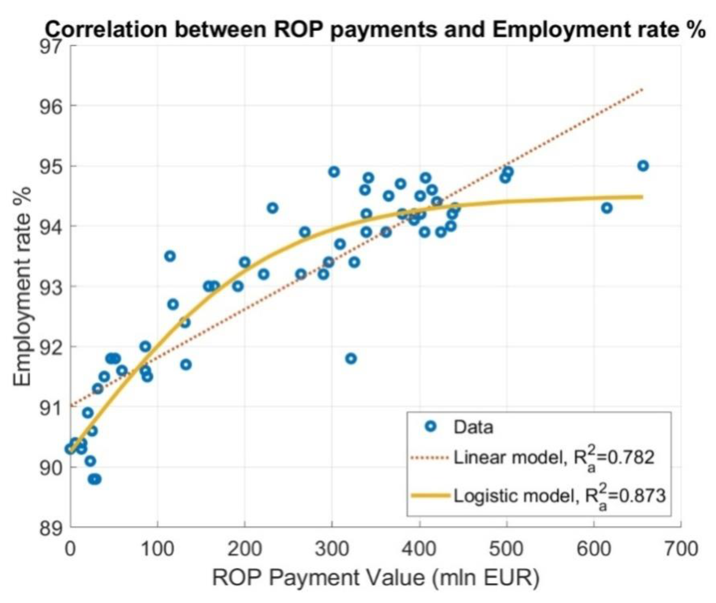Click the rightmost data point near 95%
[x=643, y=166]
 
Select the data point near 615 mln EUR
[x=607, y=208]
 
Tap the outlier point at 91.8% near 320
[x=351, y=359]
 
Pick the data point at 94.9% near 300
[x=334, y=172]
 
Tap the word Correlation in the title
[x=106, y=30]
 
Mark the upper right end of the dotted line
[x=643, y=90]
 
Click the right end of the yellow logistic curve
[x=642, y=197]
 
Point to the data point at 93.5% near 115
[x=170, y=256]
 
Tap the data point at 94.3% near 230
[x=273, y=208]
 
